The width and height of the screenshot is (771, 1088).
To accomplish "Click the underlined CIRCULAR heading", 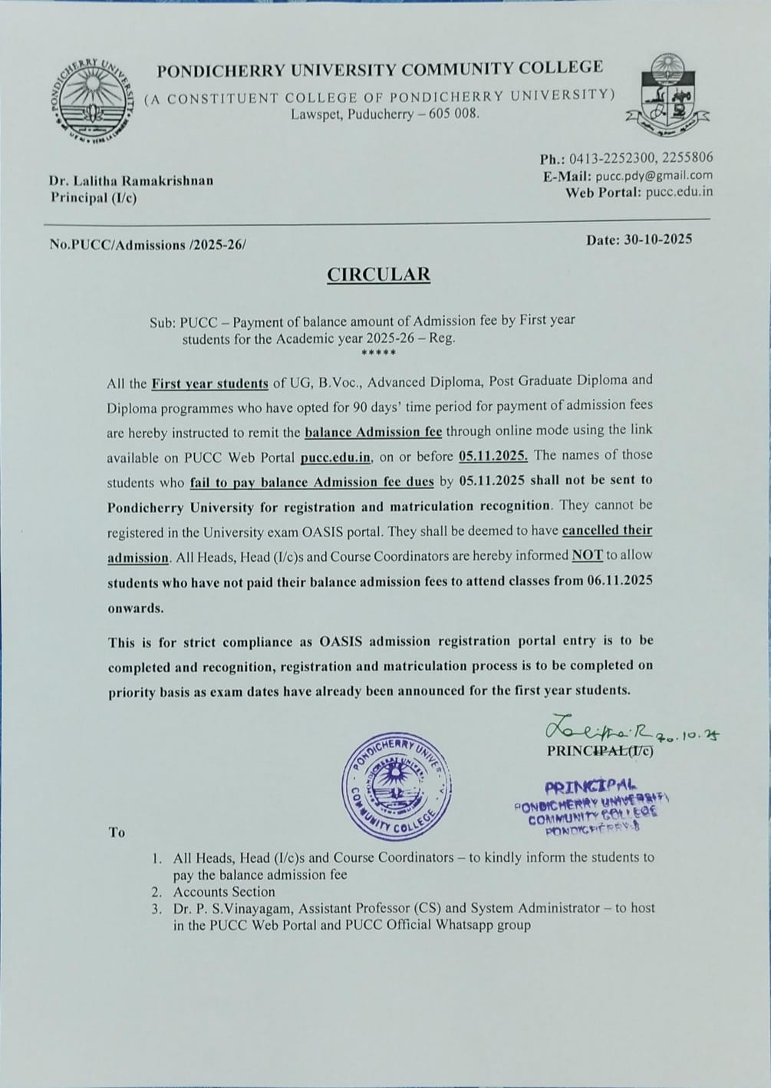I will point(378,274).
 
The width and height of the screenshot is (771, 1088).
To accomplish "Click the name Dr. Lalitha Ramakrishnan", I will point(131,181).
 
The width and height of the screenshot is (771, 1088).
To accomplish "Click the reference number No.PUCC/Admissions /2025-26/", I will point(149,246).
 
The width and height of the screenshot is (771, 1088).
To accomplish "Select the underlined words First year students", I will point(209,382).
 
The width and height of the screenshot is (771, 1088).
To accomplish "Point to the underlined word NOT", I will point(587,555).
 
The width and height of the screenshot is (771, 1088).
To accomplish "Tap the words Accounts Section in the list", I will point(224,892).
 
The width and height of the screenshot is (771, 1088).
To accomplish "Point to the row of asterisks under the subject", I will point(378,353).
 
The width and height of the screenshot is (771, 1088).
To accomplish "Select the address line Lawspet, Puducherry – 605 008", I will point(384,114).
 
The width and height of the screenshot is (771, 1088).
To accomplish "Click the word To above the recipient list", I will point(117,832).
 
